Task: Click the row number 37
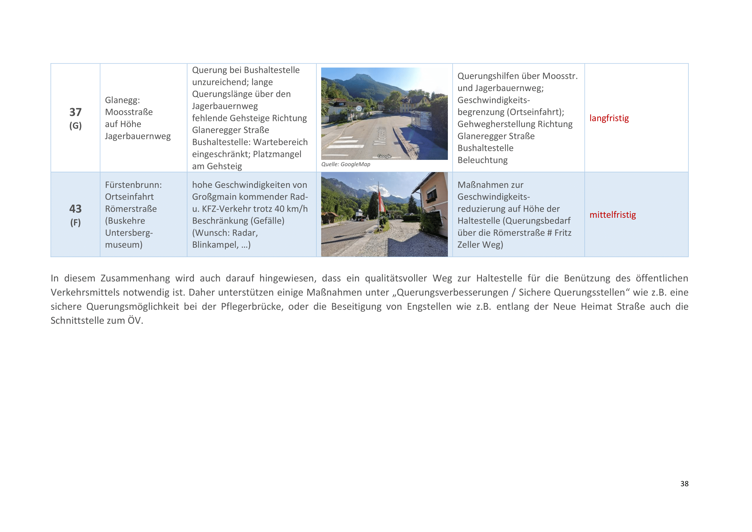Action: pos(75,112)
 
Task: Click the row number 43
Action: pos(75,209)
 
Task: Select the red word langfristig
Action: pos(609,118)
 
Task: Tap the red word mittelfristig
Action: pos(612,215)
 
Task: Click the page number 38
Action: pos(684,483)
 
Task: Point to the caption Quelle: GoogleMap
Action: pos(346,164)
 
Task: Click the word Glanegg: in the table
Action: pos(122,100)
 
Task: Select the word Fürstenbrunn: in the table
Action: pos(133,185)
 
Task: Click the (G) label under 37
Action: pos(75,125)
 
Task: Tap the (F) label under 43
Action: pos(75,223)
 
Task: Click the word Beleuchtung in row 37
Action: pos(483,160)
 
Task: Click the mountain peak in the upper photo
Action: pos(360,76)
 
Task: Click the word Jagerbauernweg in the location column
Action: pos(138,136)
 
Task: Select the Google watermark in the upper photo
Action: pos(384,156)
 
